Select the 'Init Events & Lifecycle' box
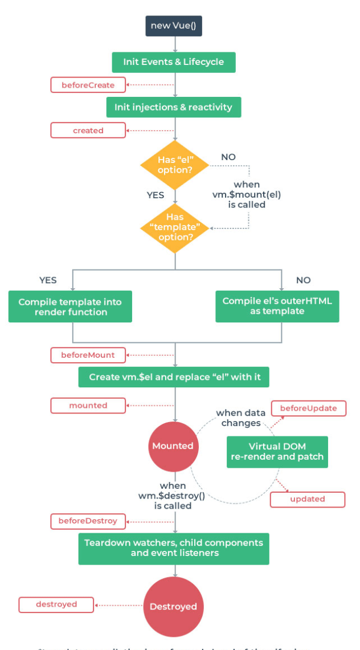173,62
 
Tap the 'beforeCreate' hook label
88,85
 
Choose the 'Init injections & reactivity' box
173,107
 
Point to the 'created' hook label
88,130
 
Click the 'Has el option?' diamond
175,165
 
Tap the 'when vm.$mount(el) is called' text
247,194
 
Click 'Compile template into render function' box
70,306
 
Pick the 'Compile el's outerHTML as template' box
277,306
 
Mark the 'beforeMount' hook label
88,355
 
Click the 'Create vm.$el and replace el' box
173,377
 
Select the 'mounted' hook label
88,406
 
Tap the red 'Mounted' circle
173,446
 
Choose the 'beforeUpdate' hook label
308,408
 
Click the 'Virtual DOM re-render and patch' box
277,452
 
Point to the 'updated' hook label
308,499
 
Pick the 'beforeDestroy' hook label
88,521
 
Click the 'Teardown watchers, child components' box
173,548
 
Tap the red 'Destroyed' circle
173,607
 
